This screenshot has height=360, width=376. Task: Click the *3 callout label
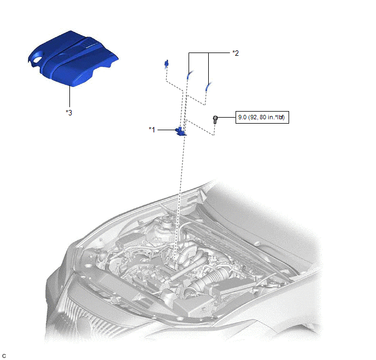[x=69, y=113]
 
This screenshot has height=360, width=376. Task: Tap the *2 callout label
[x=236, y=53]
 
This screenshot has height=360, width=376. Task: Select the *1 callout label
[x=152, y=130]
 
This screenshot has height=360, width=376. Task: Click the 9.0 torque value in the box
[x=242, y=118]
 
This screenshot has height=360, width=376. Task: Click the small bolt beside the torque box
[x=215, y=119]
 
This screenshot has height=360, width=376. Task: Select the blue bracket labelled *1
[x=180, y=132]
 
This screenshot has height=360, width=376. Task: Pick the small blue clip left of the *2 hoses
[x=166, y=63]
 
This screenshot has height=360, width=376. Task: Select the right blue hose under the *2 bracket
[x=208, y=86]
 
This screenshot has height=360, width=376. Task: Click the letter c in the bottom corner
[x=4, y=356]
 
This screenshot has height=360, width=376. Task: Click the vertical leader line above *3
[x=69, y=96]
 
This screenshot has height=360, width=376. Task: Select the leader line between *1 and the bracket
[x=167, y=130]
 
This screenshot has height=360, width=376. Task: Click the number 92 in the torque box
[x=254, y=118]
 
